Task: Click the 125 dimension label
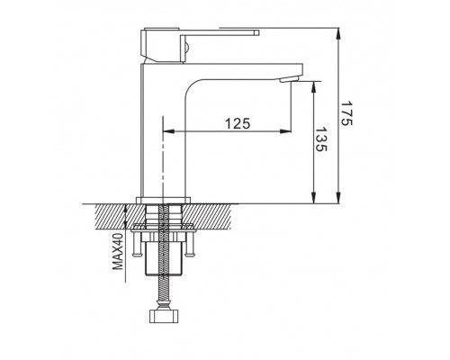[238, 123]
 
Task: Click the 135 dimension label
[322, 139]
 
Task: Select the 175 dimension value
[347, 113]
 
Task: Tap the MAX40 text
[118, 251]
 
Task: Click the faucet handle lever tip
[257, 32]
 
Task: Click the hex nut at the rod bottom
[164, 317]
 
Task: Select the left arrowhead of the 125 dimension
[168, 131]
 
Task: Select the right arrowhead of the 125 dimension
[285, 131]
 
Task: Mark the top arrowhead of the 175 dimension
[338, 34]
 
